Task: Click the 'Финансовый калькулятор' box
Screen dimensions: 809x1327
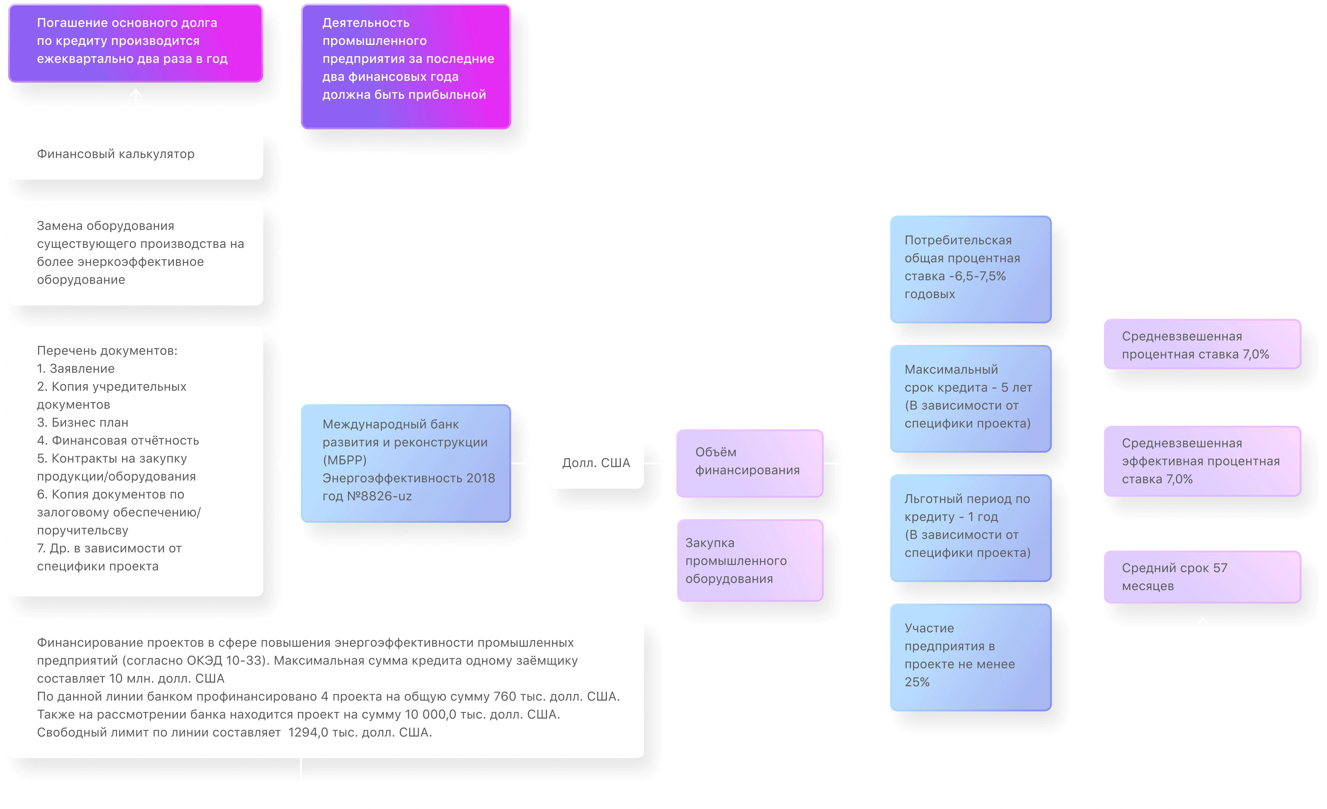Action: pyautogui.click(x=135, y=154)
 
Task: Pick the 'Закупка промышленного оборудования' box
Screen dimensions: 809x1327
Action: pyautogui.click(x=749, y=561)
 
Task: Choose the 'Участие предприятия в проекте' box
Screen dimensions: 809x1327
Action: pyautogui.click(x=970, y=657)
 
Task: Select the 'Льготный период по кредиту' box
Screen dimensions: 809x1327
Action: pyautogui.click(x=970, y=528)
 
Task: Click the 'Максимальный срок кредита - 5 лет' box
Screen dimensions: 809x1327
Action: pyautogui.click(x=970, y=399)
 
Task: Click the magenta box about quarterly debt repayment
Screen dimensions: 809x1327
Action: pyautogui.click(x=135, y=42)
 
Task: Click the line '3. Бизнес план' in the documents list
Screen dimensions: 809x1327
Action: pyautogui.click(x=82, y=423)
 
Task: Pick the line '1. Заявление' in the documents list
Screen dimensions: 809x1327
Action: pyautogui.click(x=76, y=369)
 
